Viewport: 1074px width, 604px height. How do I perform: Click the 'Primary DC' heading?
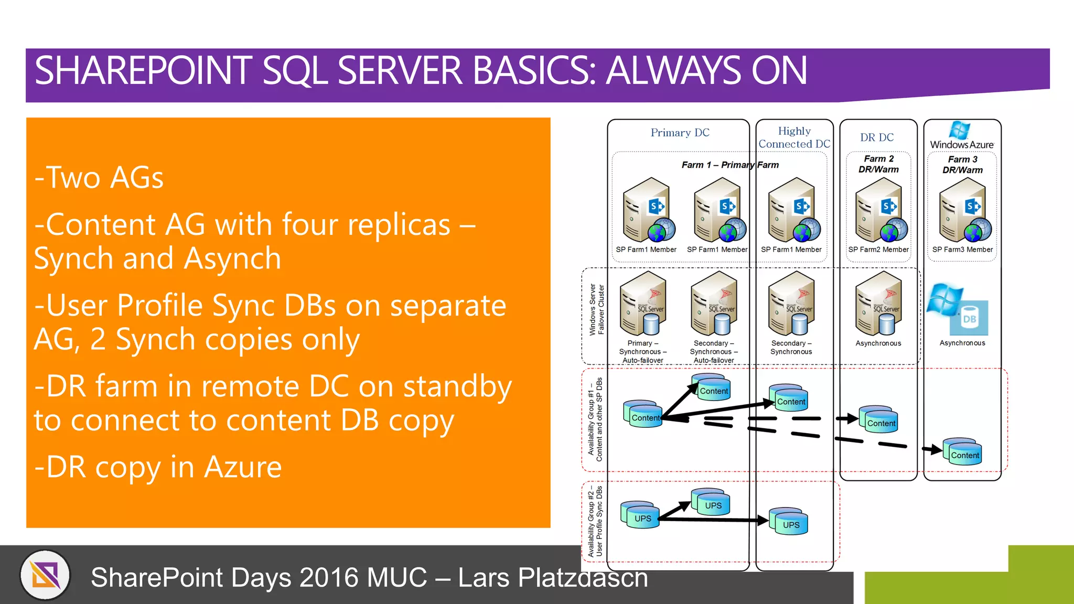point(680,133)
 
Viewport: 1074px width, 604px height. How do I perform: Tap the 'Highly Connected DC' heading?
point(794,137)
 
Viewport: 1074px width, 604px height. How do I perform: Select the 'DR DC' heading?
point(877,137)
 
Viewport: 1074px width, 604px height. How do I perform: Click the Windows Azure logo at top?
point(961,136)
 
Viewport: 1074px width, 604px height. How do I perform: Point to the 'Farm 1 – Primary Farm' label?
point(730,165)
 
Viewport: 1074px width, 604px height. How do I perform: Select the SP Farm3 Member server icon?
point(964,210)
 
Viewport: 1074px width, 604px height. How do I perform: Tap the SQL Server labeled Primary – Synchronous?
point(644,304)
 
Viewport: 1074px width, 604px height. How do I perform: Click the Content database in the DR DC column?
point(879,419)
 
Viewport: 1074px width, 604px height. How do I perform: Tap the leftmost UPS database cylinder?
point(640,515)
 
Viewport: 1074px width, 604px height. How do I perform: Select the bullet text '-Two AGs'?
point(99,178)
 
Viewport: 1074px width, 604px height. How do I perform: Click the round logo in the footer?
point(46,575)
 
